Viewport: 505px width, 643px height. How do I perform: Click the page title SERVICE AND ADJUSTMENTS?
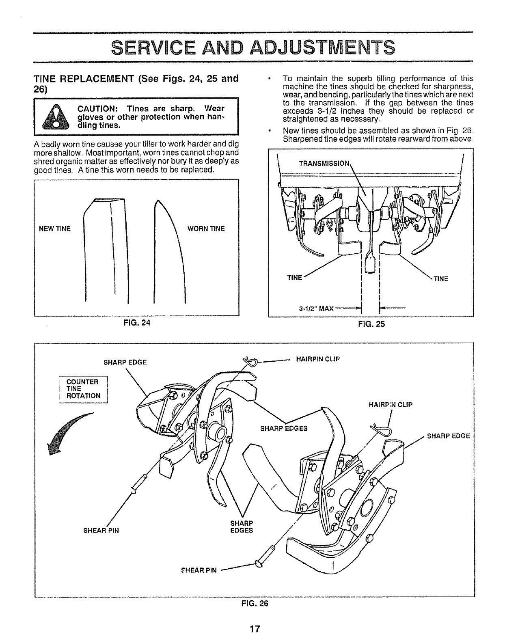252,47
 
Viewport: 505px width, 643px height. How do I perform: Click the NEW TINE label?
55,229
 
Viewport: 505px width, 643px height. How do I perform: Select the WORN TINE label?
206,229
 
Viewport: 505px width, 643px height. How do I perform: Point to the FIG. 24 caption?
136,323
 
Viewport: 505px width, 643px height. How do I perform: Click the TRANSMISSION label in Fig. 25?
324,164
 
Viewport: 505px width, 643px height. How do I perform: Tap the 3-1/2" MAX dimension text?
316,308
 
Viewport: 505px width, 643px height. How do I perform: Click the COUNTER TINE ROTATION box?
83,389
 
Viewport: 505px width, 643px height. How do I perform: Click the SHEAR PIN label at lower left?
101,531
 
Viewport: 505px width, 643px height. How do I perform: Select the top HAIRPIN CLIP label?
318,358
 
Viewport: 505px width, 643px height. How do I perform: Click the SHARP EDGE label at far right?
449,436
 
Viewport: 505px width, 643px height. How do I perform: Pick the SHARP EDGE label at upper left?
125,362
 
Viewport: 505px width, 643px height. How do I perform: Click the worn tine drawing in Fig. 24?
168,252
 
